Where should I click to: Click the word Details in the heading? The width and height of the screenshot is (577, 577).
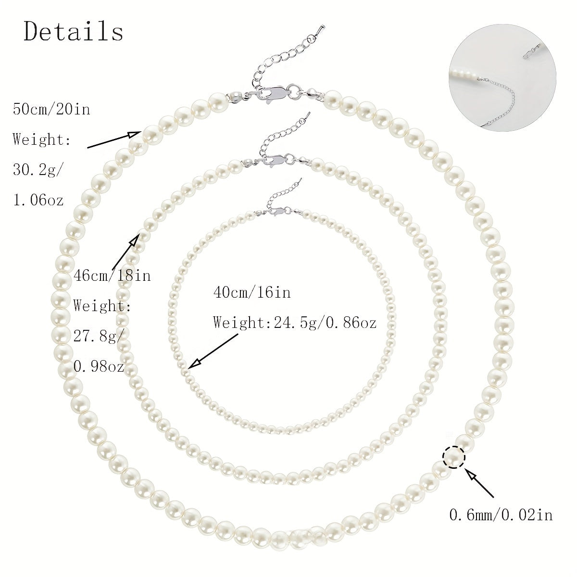[x=74, y=31]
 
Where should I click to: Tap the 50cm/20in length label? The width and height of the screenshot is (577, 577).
[x=51, y=109]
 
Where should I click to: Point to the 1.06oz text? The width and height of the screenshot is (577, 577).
[x=38, y=200]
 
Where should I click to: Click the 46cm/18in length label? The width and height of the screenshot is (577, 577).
[x=112, y=276]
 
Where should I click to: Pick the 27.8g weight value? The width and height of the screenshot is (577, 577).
[x=99, y=337]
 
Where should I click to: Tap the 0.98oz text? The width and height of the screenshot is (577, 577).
[x=99, y=366]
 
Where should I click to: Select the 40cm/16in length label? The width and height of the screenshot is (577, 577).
[x=252, y=292]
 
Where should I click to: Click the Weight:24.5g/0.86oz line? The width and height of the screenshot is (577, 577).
[x=295, y=323]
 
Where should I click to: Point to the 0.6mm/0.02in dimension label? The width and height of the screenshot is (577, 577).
[x=501, y=515]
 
